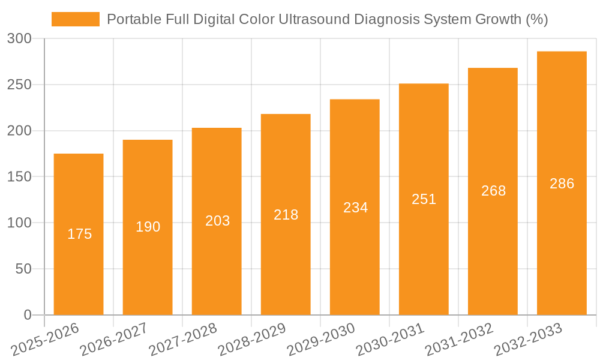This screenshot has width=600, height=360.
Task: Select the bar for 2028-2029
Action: tap(286, 252)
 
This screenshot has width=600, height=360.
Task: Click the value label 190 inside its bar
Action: tap(148, 227)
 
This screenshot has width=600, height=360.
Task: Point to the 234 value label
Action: tap(355, 208)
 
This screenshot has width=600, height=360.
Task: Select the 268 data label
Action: tap(493, 191)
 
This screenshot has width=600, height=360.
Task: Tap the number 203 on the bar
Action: tap(217, 221)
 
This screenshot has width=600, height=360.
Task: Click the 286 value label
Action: tap(562, 184)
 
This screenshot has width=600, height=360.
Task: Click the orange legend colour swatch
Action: tap(76, 19)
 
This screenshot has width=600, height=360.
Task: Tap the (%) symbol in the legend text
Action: tap(536, 19)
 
